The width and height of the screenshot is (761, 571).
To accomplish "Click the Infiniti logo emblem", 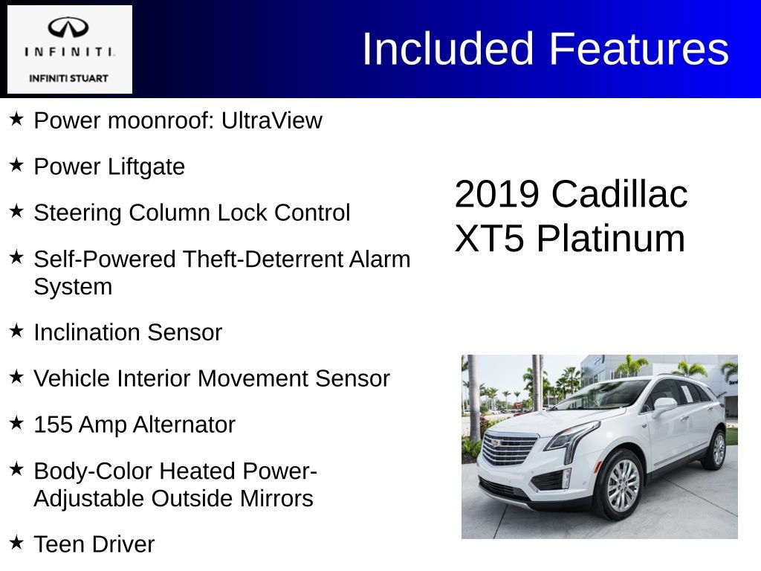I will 69,28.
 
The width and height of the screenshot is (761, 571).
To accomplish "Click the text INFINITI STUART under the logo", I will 69,78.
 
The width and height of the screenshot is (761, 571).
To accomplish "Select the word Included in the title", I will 448,49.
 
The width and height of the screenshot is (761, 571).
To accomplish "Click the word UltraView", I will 272,120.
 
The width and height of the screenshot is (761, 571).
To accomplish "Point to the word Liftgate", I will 146,167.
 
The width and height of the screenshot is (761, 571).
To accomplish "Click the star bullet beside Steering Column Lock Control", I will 17,212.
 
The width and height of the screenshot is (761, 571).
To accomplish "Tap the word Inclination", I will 88,332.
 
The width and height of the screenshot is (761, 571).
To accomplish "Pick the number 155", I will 53,425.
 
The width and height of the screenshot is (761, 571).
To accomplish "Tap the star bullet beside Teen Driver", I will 17,543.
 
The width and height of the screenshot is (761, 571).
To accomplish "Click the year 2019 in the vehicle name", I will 496,195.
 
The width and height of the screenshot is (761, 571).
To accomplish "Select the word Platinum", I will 611,239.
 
